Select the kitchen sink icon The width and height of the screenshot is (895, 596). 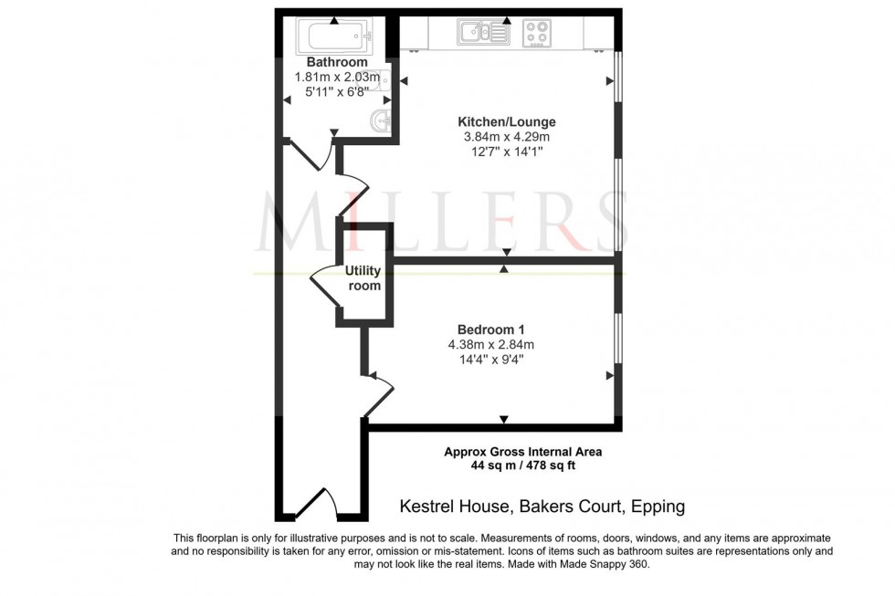(x=484, y=34)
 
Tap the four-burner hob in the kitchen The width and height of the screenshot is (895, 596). (x=538, y=34)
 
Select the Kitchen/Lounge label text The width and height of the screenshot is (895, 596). (x=506, y=121)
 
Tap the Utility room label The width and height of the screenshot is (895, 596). (x=363, y=278)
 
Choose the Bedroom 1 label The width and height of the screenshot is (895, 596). (x=490, y=329)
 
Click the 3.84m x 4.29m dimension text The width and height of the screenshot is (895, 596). (x=506, y=137)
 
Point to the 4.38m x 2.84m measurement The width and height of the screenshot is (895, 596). (x=490, y=344)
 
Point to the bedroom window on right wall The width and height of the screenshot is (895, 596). (x=618, y=347)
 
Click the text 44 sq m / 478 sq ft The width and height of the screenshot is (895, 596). (x=522, y=466)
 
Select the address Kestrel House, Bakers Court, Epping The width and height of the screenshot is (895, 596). (x=542, y=506)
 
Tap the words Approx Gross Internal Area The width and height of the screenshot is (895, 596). (x=522, y=451)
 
